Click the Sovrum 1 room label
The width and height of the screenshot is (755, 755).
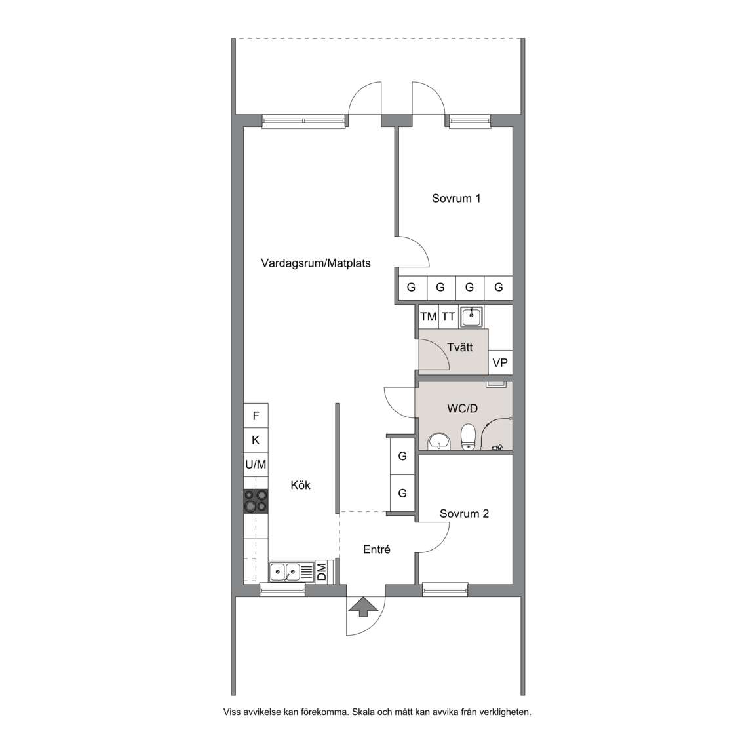456,199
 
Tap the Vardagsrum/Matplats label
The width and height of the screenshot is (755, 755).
316,263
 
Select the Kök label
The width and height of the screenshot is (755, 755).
300,485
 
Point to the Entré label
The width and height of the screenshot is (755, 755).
377,549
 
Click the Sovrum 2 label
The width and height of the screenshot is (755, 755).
464,514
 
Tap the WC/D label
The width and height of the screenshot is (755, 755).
462,408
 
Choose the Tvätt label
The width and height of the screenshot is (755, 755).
460,347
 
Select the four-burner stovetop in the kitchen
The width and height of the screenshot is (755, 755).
256,501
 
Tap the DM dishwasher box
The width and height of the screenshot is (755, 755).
321,572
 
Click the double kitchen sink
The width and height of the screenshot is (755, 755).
284,572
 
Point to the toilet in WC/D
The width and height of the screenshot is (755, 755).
467,436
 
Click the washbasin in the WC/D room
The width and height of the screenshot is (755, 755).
438,441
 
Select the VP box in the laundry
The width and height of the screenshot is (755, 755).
500,362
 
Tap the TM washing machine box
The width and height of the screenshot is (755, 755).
428,317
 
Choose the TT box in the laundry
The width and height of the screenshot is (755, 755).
448,317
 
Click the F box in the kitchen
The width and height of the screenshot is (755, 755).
256,416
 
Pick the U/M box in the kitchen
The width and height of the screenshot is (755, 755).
256,465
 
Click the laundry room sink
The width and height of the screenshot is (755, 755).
472,317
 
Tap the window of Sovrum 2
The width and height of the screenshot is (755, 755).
445,589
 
